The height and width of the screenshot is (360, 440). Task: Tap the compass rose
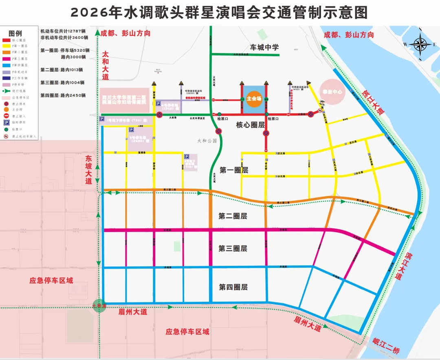point(420,44)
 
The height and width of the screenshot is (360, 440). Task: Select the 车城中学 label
point(264,47)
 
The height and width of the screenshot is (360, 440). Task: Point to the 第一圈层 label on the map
point(233,170)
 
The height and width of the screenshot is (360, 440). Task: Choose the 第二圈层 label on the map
point(233,216)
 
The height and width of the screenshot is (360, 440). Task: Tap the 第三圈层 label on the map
point(233,248)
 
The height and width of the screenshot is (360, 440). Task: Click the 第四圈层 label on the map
point(233,287)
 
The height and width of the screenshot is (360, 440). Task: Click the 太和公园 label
point(207,141)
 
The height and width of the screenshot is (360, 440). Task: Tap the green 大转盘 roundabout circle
point(99,305)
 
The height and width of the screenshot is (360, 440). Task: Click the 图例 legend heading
point(15,33)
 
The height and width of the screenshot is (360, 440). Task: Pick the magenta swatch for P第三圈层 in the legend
point(7,59)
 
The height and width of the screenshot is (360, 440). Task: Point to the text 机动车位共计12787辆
point(63,31)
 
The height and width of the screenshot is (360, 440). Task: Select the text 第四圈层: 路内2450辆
point(63,96)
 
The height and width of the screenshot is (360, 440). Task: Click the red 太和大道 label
point(106,65)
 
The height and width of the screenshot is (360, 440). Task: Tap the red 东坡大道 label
point(89,170)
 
